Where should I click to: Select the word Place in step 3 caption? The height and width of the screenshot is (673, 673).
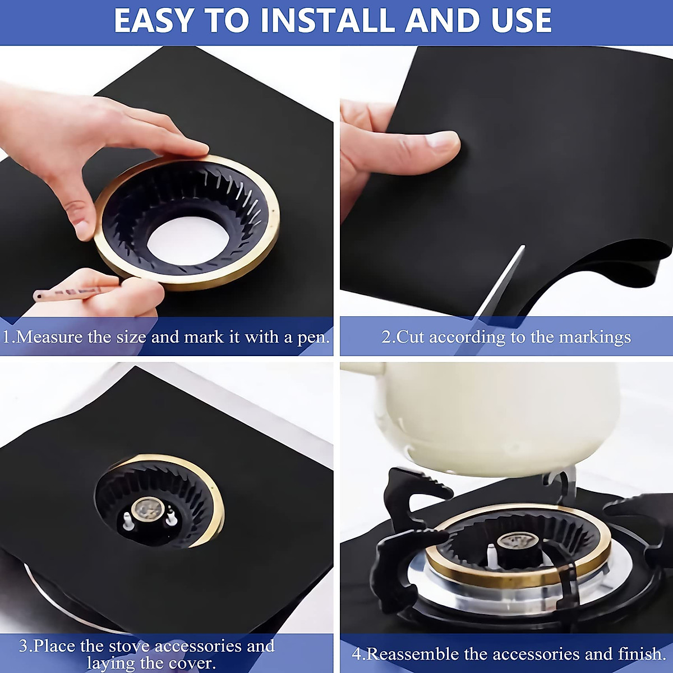click(55, 646)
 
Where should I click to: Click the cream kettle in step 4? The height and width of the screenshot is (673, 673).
click(494, 415)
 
